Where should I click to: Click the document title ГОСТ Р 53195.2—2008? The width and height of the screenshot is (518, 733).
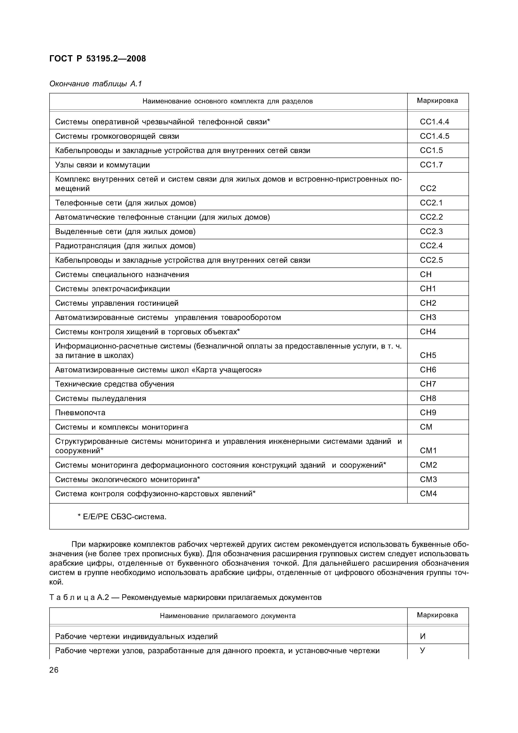pyautogui.click(x=98, y=59)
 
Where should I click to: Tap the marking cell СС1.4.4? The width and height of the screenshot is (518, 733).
pyautogui.click(x=434, y=122)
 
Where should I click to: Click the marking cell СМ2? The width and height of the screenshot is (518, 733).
pyautogui.click(x=428, y=465)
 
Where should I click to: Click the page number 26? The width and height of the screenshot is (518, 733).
pyautogui.click(x=54, y=670)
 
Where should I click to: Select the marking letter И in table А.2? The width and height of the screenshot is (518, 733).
pyautogui.click(x=423, y=636)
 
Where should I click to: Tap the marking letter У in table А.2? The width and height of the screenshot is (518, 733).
pyautogui.click(x=423, y=650)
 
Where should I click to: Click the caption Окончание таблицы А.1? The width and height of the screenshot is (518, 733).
pyautogui.click(x=95, y=84)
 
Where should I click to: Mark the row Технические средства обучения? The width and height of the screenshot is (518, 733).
pyautogui.click(x=115, y=384)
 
